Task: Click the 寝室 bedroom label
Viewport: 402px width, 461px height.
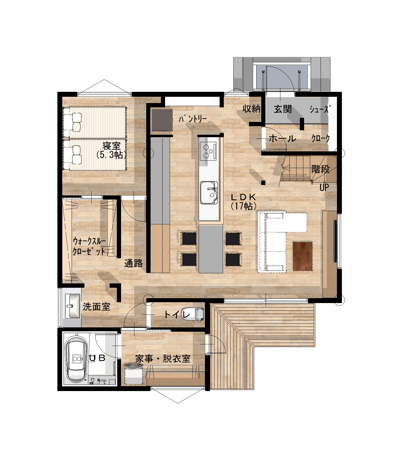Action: (x=111, y=146)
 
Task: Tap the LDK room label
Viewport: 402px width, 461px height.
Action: (x=243, y=196)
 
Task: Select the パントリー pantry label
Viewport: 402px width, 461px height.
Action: (x=193, y=119)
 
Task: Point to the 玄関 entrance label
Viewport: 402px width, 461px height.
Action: (x=283, y=109)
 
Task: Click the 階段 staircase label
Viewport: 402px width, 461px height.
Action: (x=321, y=169)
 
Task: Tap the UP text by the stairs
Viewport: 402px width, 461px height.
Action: (x=324, y=187)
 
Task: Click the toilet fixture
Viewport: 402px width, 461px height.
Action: (x=199, y=314)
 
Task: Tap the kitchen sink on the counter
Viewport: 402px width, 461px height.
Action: (x=209, y=193)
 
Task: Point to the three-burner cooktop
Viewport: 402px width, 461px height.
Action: (x=209, y=151)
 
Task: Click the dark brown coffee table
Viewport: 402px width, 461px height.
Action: (x=303, y=256)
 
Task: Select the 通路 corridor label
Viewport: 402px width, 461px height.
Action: (x=134, y=263)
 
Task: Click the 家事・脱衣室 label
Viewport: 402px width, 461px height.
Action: (x=163, y=359)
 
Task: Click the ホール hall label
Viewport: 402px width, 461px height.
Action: (x=282, y=139)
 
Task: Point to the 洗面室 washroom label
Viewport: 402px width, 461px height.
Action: (x=96, y=307)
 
